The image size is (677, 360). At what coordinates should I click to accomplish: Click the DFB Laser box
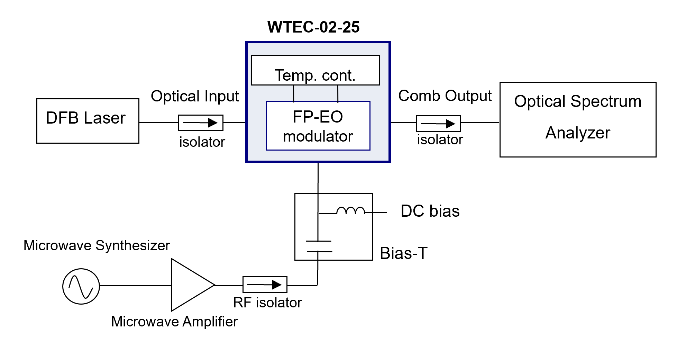(x=88, y=121)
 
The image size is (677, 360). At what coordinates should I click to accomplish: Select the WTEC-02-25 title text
(x=313, y=27)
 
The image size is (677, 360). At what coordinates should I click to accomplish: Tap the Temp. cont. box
(x=315, y=70)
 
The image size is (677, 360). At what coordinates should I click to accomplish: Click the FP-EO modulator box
(x=318, y=126)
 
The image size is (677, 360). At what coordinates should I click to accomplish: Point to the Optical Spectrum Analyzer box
(x=578, y=119)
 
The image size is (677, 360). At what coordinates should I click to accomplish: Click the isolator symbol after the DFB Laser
(x=201, y=123)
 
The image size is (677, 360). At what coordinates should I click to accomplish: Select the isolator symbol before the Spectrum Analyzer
(x=438, y=124)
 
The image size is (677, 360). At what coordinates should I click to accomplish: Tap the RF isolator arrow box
(x=265, y=285)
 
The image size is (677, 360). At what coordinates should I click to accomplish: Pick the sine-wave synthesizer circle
(x=81, y=286)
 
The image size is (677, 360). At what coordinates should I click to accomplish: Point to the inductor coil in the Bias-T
(x=350, y=211)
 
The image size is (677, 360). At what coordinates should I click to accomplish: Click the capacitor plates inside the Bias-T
(x=319, y=246)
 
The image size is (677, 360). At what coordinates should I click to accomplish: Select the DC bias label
(x=430, y=211)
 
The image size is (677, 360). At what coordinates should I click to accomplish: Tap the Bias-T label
(x=403, y=253)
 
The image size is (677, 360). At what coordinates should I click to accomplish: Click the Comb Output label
(x=445, y=96)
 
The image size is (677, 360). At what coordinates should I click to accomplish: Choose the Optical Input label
(x=195, y=96)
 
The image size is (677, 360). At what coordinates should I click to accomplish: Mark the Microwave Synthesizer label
(x=97, y=245)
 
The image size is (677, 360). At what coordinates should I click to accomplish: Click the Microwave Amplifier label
(x=174, y=322)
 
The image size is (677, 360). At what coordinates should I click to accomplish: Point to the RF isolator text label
(x=267, y=303)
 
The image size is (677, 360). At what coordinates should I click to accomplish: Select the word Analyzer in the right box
(x=578, y=133)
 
